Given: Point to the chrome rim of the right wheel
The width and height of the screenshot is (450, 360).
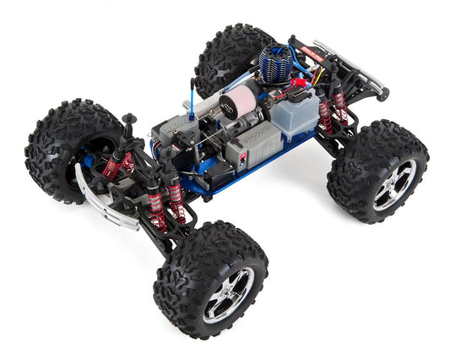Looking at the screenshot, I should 394,183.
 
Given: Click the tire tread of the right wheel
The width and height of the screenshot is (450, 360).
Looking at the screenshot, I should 359,161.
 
